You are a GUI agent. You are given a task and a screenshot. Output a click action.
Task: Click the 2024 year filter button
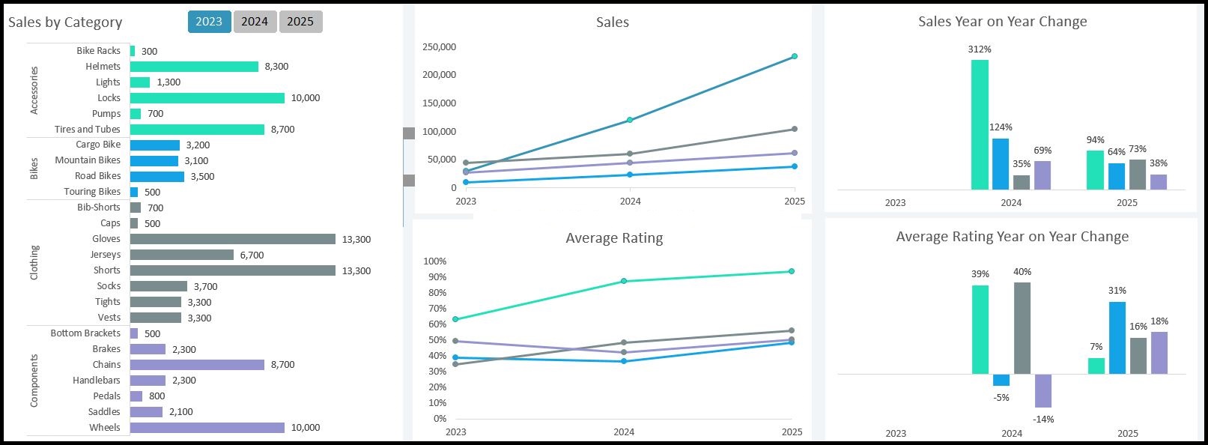pos(255,22)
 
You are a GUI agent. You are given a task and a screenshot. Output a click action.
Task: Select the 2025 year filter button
pos(300,22)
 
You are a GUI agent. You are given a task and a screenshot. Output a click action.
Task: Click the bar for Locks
pos(207,98)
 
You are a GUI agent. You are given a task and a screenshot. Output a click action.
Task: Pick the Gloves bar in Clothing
pos(232,239)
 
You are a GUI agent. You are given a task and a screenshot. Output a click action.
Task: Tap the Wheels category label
pos(104,428)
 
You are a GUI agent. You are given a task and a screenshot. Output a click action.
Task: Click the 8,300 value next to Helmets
pos(276,67)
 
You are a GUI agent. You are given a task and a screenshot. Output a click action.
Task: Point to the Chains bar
pos(197,365)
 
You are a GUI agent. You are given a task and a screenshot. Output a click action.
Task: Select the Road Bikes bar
pos(157,177)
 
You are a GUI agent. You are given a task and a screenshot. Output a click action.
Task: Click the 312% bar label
pos(980,49)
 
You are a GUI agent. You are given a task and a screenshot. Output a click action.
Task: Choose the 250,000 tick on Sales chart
pos(440,47)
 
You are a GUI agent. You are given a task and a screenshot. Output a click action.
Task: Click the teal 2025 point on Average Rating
pos(792,271)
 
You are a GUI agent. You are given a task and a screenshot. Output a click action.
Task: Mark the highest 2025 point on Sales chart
pos(795,56)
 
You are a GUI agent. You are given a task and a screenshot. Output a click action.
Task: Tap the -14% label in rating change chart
pos(1043,420)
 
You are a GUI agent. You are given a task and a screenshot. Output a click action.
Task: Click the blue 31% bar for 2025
pos(1117,337)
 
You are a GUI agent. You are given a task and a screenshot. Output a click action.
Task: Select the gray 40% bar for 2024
pos(1022,327)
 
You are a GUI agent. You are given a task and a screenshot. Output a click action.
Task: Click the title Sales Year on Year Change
pos(1002,22)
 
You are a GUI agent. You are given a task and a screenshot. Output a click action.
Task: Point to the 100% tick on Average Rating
pos(435,261)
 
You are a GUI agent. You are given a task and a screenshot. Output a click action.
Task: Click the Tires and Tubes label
pos(87,130)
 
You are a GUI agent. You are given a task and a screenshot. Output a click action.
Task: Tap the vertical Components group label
pos(34,381)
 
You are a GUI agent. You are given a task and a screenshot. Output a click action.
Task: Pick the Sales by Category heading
pos(65,22)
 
